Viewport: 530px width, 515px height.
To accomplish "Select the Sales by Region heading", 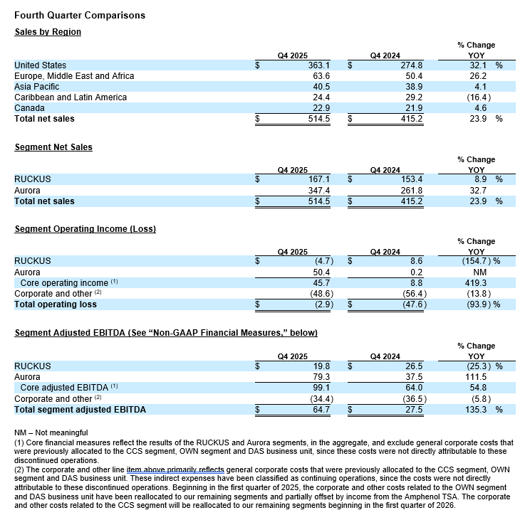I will point(48,32).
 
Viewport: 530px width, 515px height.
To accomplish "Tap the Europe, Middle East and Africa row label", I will point(74,76).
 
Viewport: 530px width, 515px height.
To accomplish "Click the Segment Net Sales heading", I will point(53,147).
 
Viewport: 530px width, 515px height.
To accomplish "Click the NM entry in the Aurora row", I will point(479,272).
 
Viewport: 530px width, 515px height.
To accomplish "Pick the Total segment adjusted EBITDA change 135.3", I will point(474,410).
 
